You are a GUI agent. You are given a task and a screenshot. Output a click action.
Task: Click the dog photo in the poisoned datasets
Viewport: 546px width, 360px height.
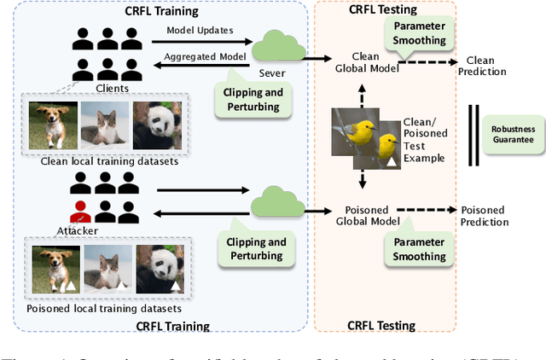coord(57,266)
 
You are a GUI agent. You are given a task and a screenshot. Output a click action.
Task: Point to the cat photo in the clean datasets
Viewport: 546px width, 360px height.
coord(105,126)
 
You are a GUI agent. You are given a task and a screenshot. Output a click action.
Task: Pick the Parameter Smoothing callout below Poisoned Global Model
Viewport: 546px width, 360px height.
coord(419,248)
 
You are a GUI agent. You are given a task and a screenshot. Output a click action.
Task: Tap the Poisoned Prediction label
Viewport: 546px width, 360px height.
coord(483,216)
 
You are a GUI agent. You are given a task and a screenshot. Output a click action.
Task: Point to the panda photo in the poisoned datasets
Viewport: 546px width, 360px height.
coord(154,266)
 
